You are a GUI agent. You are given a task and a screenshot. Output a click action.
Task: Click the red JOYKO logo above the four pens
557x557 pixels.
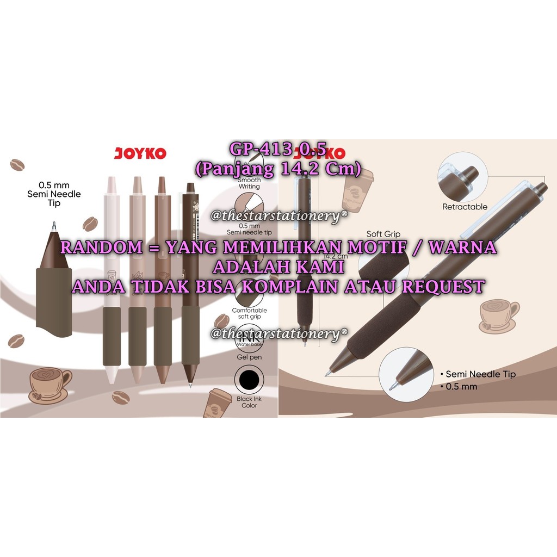140,153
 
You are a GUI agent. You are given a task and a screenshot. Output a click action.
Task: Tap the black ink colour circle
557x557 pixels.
249,379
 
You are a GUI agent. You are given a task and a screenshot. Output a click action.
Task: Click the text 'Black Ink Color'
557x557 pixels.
249,402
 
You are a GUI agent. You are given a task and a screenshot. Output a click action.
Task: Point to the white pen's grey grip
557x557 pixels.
112,336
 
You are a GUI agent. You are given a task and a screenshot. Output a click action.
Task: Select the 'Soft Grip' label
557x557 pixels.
383,234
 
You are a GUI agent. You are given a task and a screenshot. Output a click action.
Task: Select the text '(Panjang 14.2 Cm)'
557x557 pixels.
278,170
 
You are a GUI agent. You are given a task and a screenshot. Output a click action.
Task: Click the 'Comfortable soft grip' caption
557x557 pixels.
249,314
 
